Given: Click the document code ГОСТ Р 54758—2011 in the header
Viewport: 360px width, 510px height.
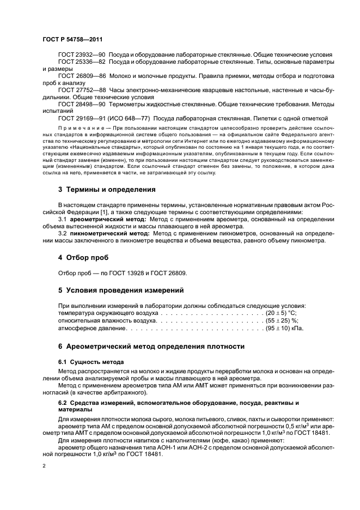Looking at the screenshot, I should (x=72, y=40).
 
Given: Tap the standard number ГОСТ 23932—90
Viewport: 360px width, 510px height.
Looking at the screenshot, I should (x=82, y=56).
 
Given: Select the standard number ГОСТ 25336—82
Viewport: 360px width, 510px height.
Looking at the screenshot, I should (x=82, y=63).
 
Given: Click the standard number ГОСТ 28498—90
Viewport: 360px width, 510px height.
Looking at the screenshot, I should (x=82, y=103).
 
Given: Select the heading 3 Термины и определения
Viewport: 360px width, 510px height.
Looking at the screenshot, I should (x=107, y=190).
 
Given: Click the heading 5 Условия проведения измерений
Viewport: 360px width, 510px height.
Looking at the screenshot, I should (x=121, y=290).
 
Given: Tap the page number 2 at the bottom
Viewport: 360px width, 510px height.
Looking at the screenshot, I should (x=44, y=466).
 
